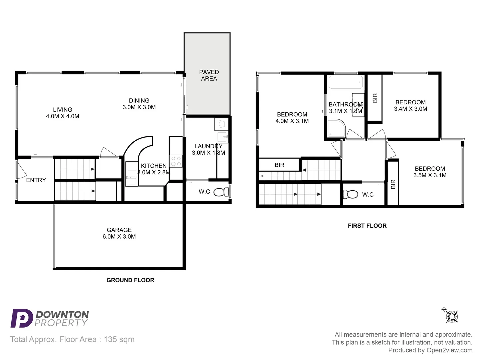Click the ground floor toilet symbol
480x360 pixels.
[221, 192]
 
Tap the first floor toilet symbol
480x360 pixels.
[350, 194]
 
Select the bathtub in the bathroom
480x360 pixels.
[345, 82]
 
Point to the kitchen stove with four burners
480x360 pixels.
[176, 161]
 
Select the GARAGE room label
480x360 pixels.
[119, 230]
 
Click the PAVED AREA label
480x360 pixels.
[209, 75]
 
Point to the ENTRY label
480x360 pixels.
[36, 180]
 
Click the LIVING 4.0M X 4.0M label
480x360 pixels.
[62, 113]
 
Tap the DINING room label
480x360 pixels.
[139, 101]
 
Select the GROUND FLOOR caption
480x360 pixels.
[130, 280]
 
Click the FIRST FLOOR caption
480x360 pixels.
[367, 226]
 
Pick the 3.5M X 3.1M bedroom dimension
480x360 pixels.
[430, 175]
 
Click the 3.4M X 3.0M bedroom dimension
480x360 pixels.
[410, 109]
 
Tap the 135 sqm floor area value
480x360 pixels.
[119, 339]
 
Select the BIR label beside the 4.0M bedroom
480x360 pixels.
[279, 165]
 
